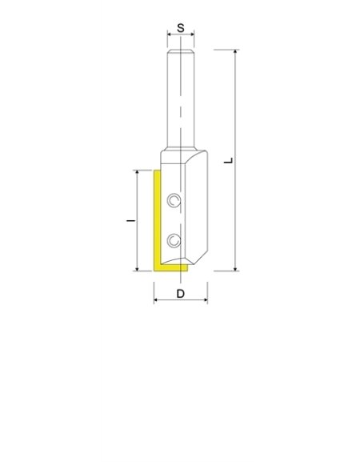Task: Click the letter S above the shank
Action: pyautogui.click(x=181, y=27)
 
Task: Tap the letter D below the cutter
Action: pyautogui.click(x=181, y=294)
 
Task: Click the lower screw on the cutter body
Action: pyautogui.click(x=174, y=239)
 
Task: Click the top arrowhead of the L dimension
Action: pyautogui.click(x=236, y=52)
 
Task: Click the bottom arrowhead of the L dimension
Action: pyautogui.click(x=236, y=268)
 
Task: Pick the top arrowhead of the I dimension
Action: pyautogui.click(x=138, y=172)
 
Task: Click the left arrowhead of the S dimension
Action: pyautogui.click(x=168, y=35)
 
